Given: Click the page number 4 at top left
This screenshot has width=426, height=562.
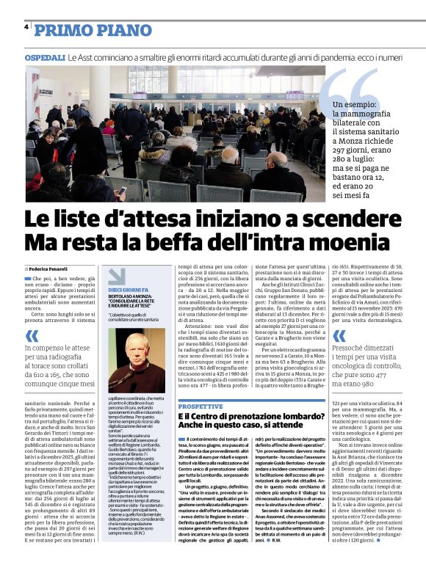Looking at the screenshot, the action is pos(26,28).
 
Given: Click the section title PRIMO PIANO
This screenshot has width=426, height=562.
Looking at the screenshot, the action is pos(93,30).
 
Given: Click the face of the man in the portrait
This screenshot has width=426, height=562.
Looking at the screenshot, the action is pos(134,351).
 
